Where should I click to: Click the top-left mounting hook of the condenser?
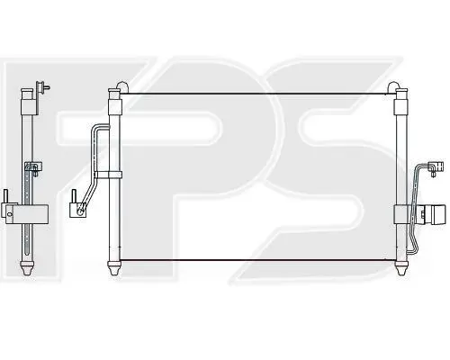pyautogui.click(x=123, y=85)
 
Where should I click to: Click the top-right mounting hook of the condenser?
pyautogui.click(x=393, y=85)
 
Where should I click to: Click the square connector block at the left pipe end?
pyautogui.click(x=78, y=210)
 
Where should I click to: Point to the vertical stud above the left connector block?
pyautogui.click(x=74, y=196)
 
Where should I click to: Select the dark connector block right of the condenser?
pyautogui.click(x=434, y=214)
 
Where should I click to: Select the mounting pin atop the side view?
pyautogui.click(x=42, y=88)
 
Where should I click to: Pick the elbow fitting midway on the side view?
pyautogui.click(x=33, y=167)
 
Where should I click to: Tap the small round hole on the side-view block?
pyautogui.click(x=10, y=214)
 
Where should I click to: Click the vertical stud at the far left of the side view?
pyautogui.click(x=5, y=196)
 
